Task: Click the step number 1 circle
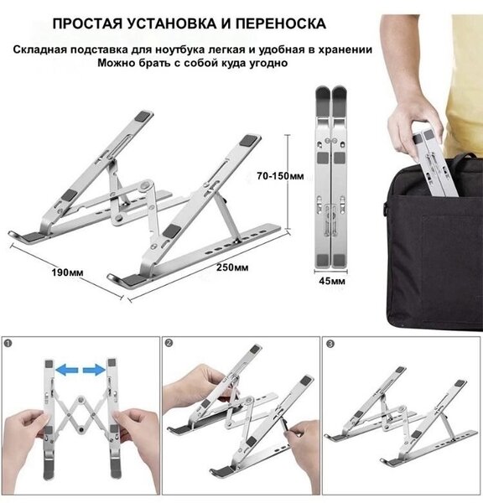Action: point(8,343)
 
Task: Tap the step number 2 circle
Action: point(169,343)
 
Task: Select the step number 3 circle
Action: point(329,343)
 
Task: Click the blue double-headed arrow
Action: point(80,367)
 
